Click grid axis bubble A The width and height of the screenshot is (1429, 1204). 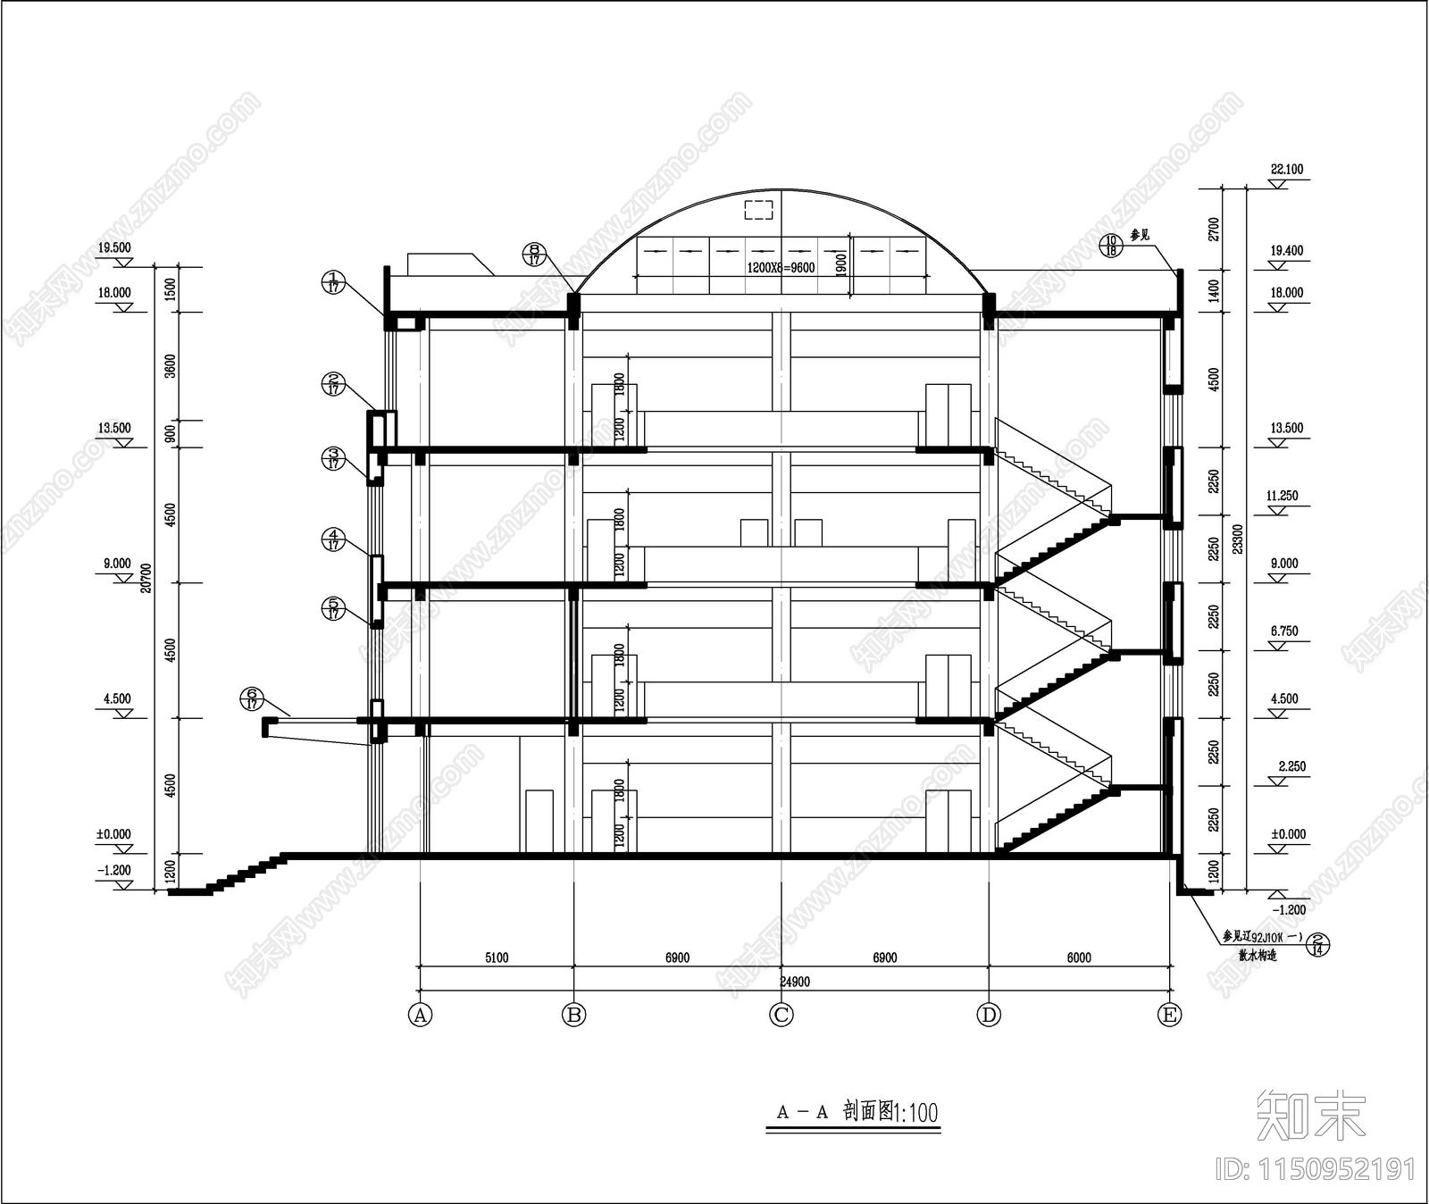(x=420, y=1016)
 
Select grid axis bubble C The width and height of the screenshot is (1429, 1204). (x=781, y=1016)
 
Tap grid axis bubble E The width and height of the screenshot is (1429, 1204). (x=1168, y=1016)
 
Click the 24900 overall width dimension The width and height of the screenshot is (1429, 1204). (x=795, y=982)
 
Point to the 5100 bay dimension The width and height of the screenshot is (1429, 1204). (x=497, y=957)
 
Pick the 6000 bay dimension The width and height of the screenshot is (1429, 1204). (x=1079, y=957)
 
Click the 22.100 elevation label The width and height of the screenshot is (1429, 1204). (x=1286, y=169)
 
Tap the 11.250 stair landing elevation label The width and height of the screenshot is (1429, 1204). (x=1283, y=495)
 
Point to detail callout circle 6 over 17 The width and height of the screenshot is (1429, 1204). (x=251, y=698)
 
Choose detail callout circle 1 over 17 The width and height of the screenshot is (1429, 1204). (x=332, y=282)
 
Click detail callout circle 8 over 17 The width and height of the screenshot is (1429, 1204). (x=534, y=255)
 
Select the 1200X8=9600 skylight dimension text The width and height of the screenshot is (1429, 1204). (x=780, y=267)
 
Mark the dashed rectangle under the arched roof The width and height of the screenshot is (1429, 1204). (x=758, y=210)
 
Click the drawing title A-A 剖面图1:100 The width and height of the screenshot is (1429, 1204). (x=857, y=1112)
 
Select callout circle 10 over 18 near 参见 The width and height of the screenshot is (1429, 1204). (x=1110, y=246)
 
